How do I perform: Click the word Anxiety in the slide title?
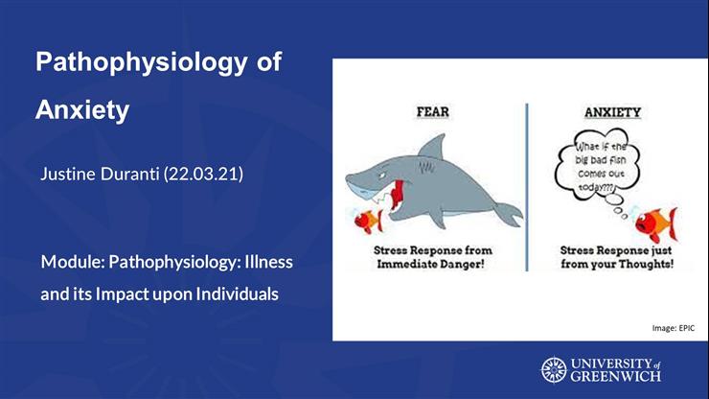(x=81, y=110)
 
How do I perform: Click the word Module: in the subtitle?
(x=72, y=261)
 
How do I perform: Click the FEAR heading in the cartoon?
(x=433, y=112)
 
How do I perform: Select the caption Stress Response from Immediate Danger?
(x=434, y=256)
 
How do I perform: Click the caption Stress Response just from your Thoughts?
(x=616, y=256)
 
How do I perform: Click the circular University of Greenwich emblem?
(x=554, y=369)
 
